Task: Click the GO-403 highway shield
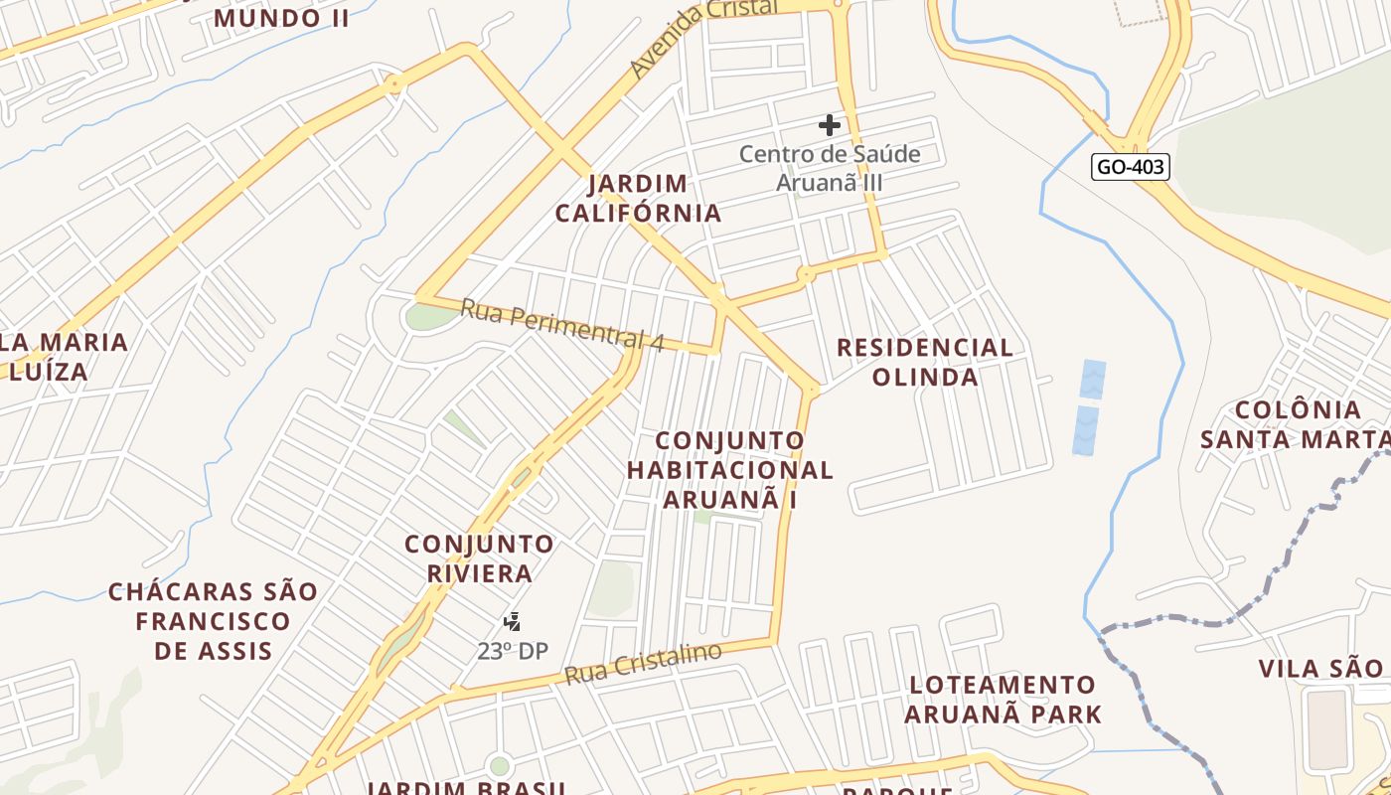[x=1130, y=167]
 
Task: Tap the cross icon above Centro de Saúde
[x=830, y=125]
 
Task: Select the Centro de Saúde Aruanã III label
[x=830, y=169]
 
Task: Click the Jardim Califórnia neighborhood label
[x=638, y=199]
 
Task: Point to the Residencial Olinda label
[x=925, y=362]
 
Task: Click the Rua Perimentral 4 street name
[x=561, y=325]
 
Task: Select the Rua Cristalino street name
[x=643, y=664]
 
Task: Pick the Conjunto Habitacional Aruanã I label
[x=730, y=469]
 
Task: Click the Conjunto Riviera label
[x=480, y=558]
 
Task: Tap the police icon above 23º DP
[x=512, y=622]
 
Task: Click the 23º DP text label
[x=513, y=651]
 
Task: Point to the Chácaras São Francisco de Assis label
[x=214, y=621]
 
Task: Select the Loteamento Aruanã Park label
[x=1004, y=700]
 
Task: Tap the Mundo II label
[x=281, y=18]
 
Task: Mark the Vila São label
[x=1320, y=668]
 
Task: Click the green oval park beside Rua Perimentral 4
[x=429, y=316]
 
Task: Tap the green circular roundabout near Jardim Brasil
[x=499, y=766]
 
